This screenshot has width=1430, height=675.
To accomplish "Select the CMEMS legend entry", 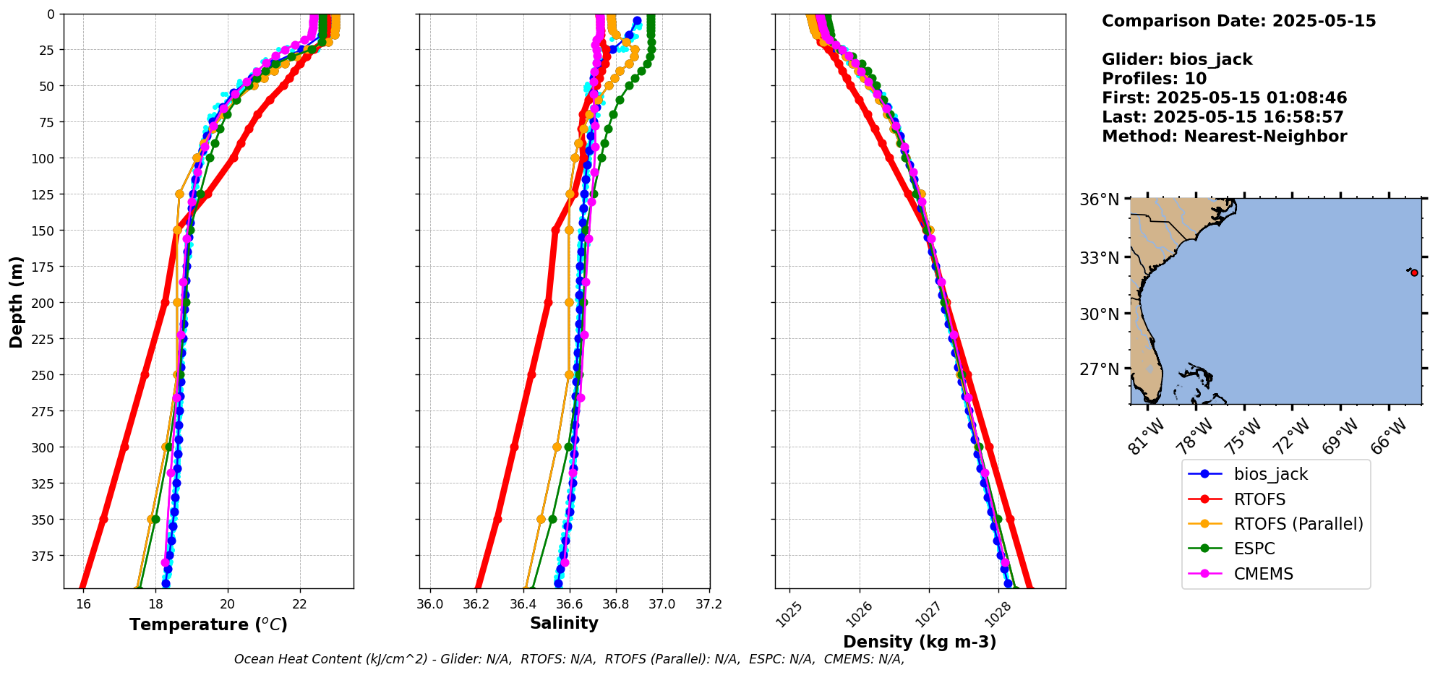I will tap(1263, 574).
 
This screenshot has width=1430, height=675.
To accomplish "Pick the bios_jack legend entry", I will tap(1270, 474).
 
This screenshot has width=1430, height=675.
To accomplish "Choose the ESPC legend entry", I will tap(1254, 549).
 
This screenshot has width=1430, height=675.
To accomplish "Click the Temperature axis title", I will tap(208, 624).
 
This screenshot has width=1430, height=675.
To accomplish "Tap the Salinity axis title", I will tap(564, 623).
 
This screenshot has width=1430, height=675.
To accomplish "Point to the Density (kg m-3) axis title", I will tap(920, 642).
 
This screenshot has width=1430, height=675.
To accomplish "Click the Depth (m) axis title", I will tap(16, 301).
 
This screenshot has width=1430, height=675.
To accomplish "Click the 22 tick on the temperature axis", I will tap(300, 604).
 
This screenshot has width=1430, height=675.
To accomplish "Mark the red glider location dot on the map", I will tap(1414, 272).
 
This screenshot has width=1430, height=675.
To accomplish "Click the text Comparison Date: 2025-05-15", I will tap(1238, 21).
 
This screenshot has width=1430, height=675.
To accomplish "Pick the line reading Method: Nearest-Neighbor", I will tap(1224, 137).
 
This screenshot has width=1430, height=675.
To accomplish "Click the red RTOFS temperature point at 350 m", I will tap(103, 519).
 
